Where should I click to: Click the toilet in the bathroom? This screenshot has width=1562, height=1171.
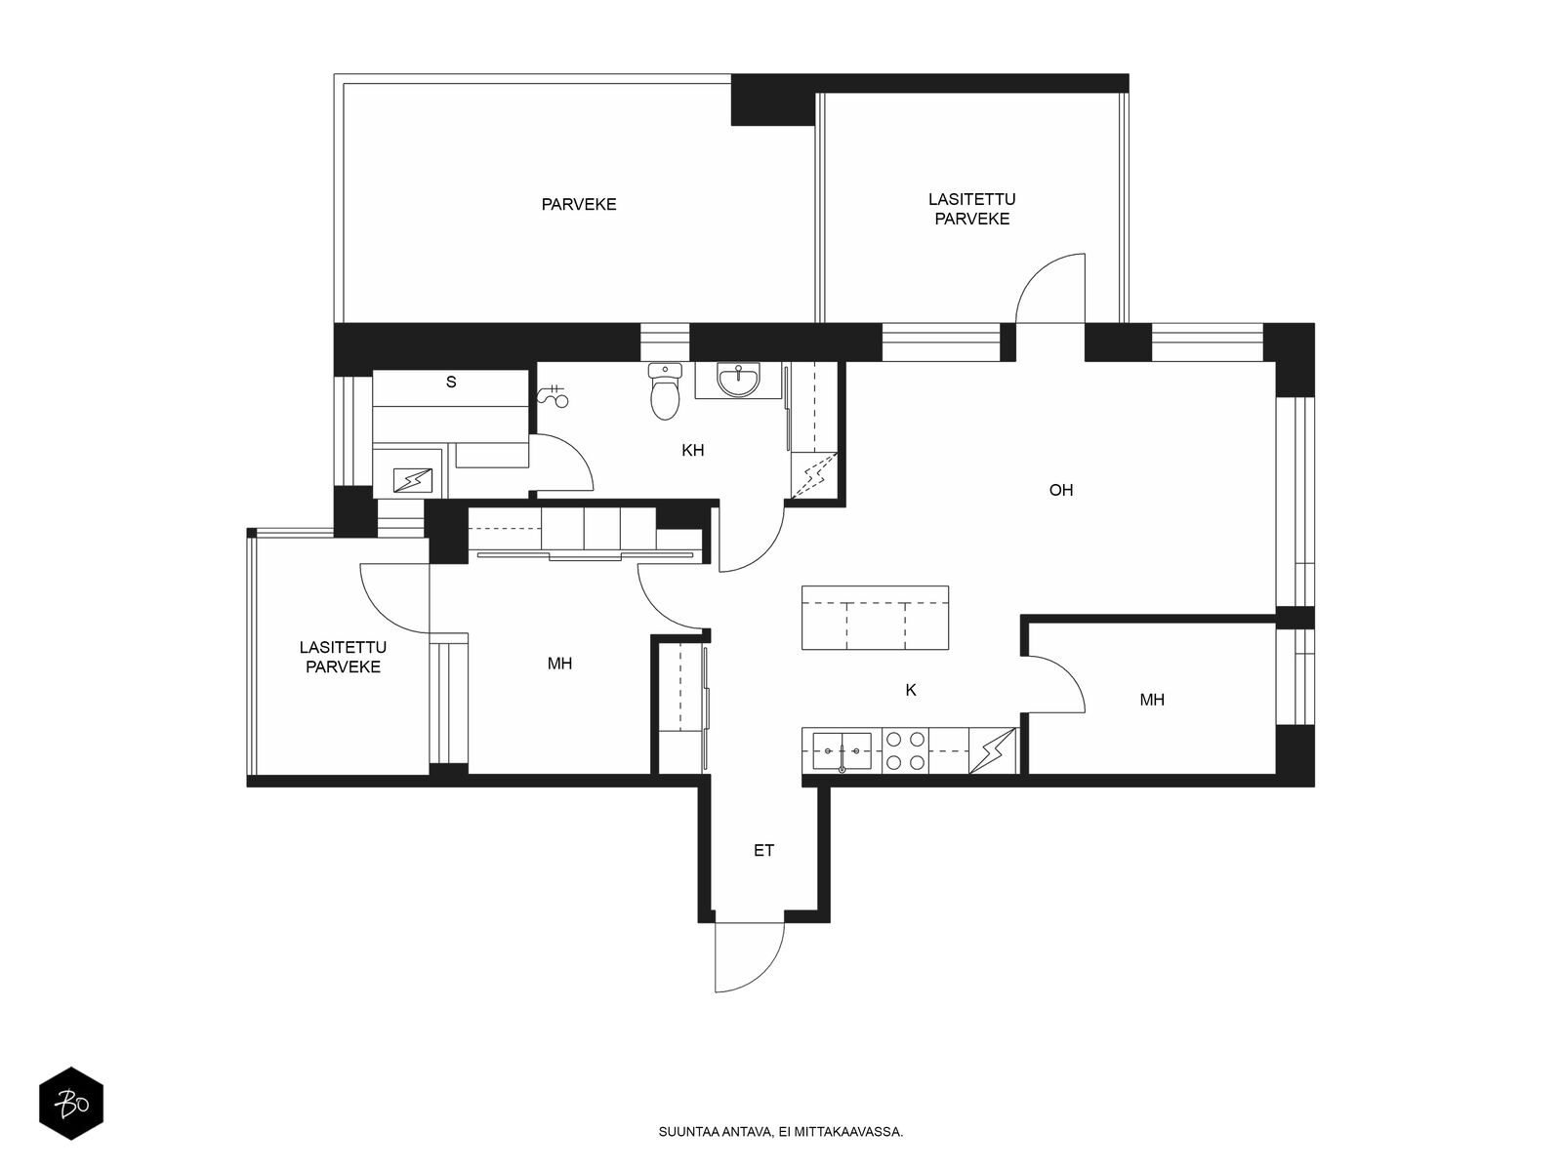point(665,390)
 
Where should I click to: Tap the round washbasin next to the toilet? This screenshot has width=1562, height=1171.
point(738,379)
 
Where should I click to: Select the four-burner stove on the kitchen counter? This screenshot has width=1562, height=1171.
point(905,750)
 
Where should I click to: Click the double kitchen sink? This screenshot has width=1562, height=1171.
point(842,750)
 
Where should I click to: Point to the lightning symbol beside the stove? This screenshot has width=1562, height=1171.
point(992,750)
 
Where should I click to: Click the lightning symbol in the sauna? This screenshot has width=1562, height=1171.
point(413,481)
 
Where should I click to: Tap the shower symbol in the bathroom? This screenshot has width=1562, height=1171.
point(553,395)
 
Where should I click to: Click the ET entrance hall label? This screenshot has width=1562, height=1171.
point(763,850)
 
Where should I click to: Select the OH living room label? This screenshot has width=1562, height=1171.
point(1061,490)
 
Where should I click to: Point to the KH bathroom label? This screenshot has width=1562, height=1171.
point(692,450)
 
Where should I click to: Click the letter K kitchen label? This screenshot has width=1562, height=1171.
point(911,690)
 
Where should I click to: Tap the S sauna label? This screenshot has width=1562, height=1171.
point(451,382)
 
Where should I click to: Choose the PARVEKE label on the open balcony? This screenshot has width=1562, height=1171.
point(579,205)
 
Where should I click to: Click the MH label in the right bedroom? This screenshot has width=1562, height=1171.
point(1152,700)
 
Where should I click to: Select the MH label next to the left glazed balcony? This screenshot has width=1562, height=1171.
point(559,664)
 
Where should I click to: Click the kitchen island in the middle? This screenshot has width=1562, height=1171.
point(876,617)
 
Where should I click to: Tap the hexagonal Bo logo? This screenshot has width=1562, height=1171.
point(71,1104)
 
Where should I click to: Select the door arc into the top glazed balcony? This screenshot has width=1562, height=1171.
point(1036,274)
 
